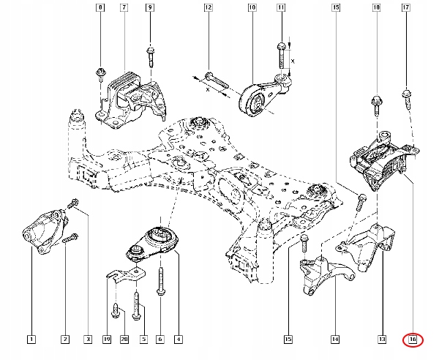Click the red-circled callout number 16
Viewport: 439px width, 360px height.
[413, 340]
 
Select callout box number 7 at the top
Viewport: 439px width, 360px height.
[124, 7]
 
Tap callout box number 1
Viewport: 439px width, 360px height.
[31, 340]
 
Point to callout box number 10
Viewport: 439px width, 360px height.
[252, 7]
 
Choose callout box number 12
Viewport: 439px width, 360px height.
[208, 7]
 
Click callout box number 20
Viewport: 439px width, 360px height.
[124, 340]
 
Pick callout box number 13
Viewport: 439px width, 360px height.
[382, 340]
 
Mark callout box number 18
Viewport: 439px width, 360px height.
[377, 7]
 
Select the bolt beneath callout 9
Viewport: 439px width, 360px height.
[151, 57]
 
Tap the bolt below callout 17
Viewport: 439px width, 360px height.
[407, 99]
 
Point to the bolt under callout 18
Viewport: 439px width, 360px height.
[377, 106]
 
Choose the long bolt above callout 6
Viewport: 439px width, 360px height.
[161, 281]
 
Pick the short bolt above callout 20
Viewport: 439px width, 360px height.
[116, 310]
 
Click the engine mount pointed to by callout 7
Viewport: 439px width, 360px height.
[130, 100]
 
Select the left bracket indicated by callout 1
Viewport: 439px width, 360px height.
[45, 231]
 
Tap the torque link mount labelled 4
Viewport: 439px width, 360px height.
[152, 243]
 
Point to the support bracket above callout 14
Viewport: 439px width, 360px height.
[326, 274]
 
